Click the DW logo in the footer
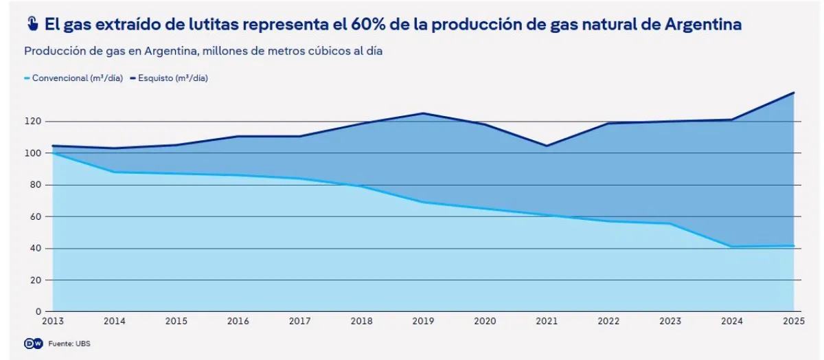(x=33, y=344)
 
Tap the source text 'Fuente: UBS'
(x=69, y=344)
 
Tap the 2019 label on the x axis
(x=423, y=321)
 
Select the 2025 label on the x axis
(x=793, y=321)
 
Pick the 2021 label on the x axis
(x=547, y=321)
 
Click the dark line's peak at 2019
(x=423, y=113)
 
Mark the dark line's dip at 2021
(x=547, y=146)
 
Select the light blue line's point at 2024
(x=732, y=247)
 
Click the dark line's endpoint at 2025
(x=794, y=93)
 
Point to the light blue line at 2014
(x=114, y=172)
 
